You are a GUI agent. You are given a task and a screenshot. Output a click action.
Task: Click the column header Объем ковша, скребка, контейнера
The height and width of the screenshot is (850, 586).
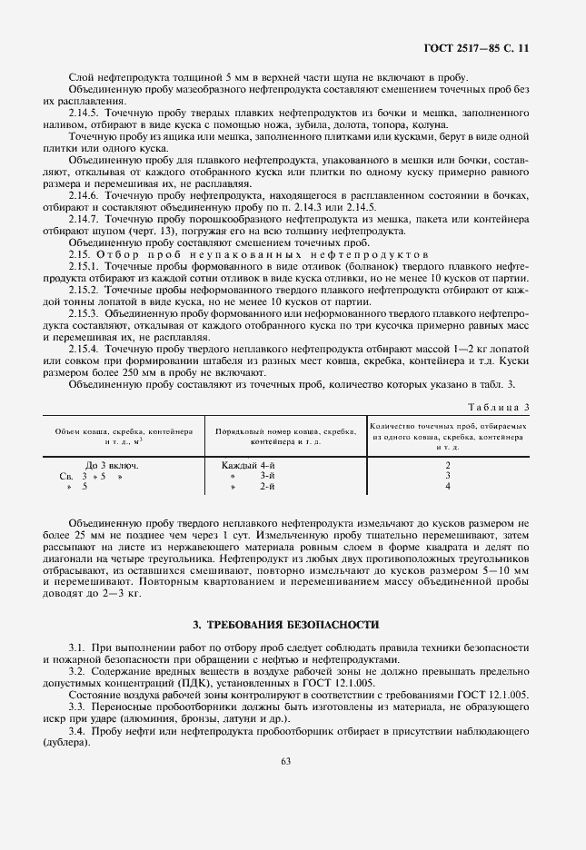(x=124, y=432)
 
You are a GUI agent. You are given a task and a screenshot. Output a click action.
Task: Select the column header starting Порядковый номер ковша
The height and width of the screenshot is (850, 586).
(x=283, y=432)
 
